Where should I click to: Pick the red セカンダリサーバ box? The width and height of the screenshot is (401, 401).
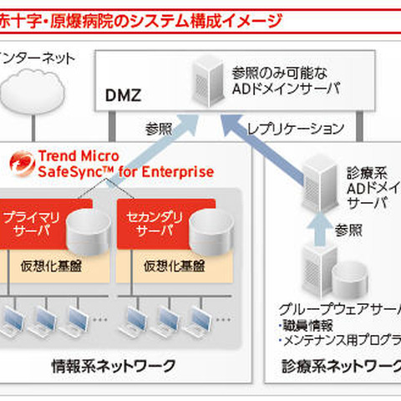pyautogui.click(x=147, y=225)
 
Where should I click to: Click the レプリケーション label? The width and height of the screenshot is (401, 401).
pyautogui.click(x=297, y=129)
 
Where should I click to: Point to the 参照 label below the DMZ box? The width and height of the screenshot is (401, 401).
pyautogui.click(x=158, y=129)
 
